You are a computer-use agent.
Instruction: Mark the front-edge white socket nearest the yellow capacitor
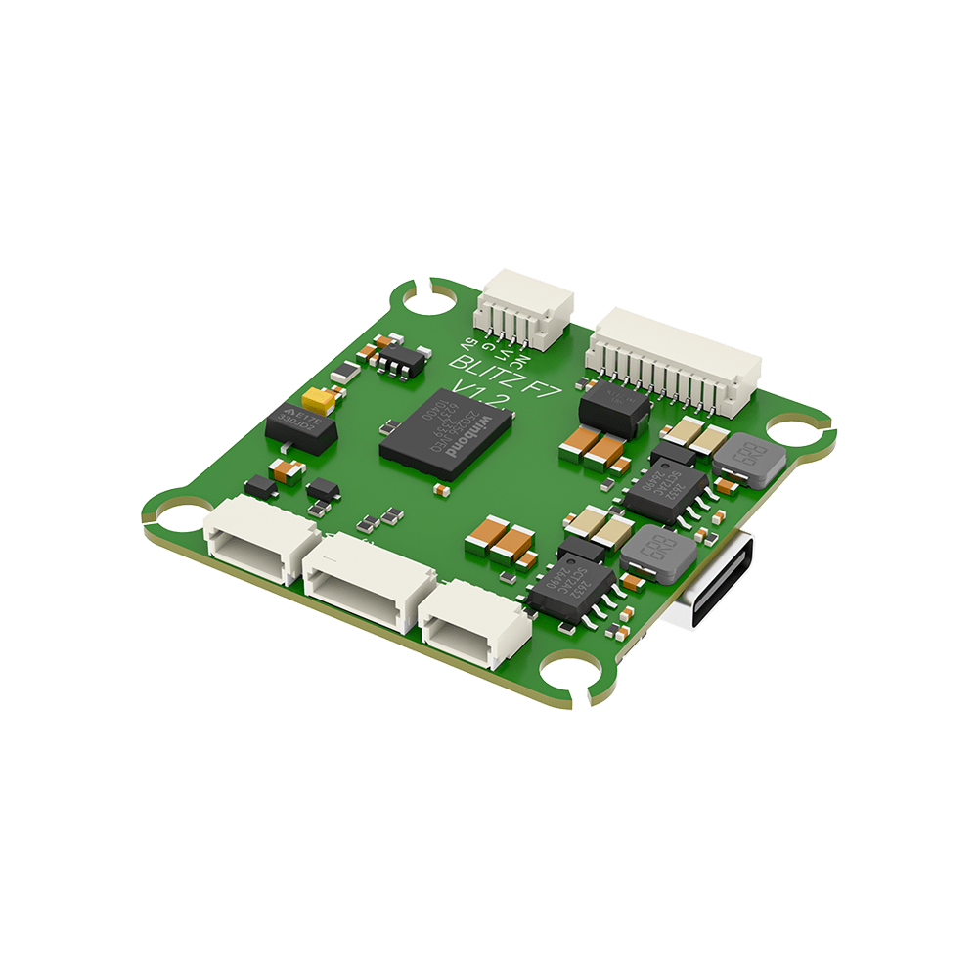pos(260,538)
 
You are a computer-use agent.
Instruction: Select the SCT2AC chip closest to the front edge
pos(572,587)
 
